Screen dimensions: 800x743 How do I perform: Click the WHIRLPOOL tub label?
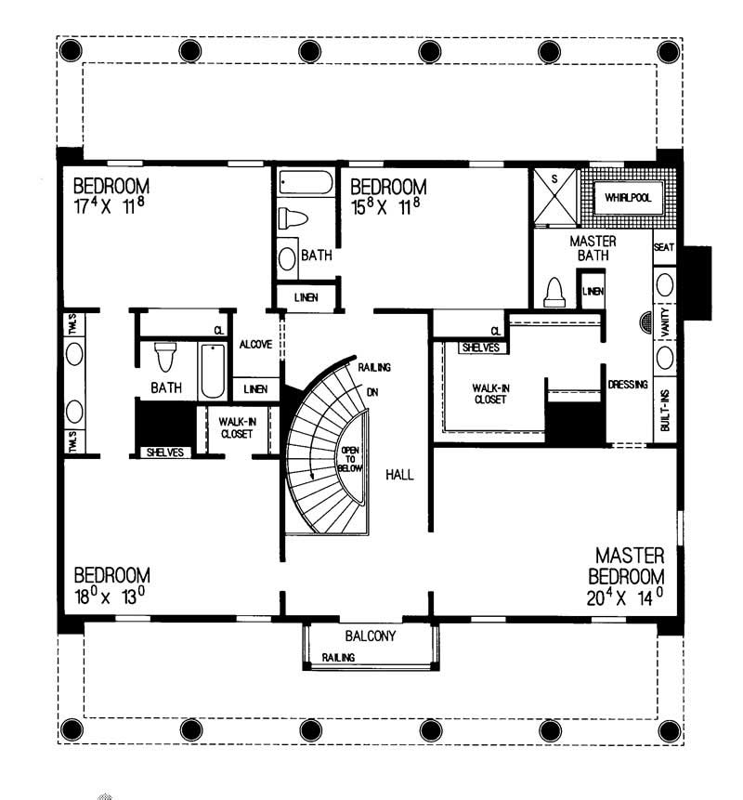(628, 199)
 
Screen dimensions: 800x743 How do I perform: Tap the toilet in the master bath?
(554, 293)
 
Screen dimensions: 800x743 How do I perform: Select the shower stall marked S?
(554, 196)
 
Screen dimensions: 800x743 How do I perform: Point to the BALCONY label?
(371, 636)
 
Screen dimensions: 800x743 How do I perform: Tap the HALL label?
(399, 475)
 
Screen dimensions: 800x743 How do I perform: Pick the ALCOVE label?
(255, 344)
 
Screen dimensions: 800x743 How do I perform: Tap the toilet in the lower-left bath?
(166, 356)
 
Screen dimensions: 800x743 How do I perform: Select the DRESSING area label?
(628, 385)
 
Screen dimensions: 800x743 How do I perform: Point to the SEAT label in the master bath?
(664, 247)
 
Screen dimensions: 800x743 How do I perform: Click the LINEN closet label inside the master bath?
(593, 291)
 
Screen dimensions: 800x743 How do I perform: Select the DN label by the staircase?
(371, 392)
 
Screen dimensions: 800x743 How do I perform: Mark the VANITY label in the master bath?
(665, 321)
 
